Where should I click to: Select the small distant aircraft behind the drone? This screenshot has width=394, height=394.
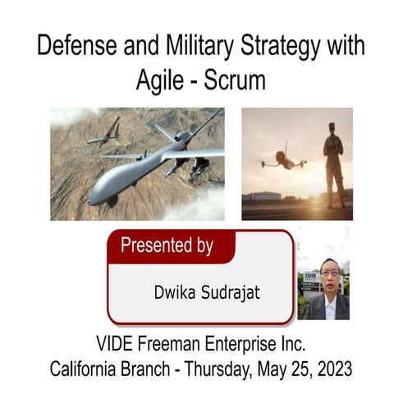(x=104, y=134)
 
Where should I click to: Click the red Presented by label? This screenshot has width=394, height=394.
(x=167, y=245)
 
